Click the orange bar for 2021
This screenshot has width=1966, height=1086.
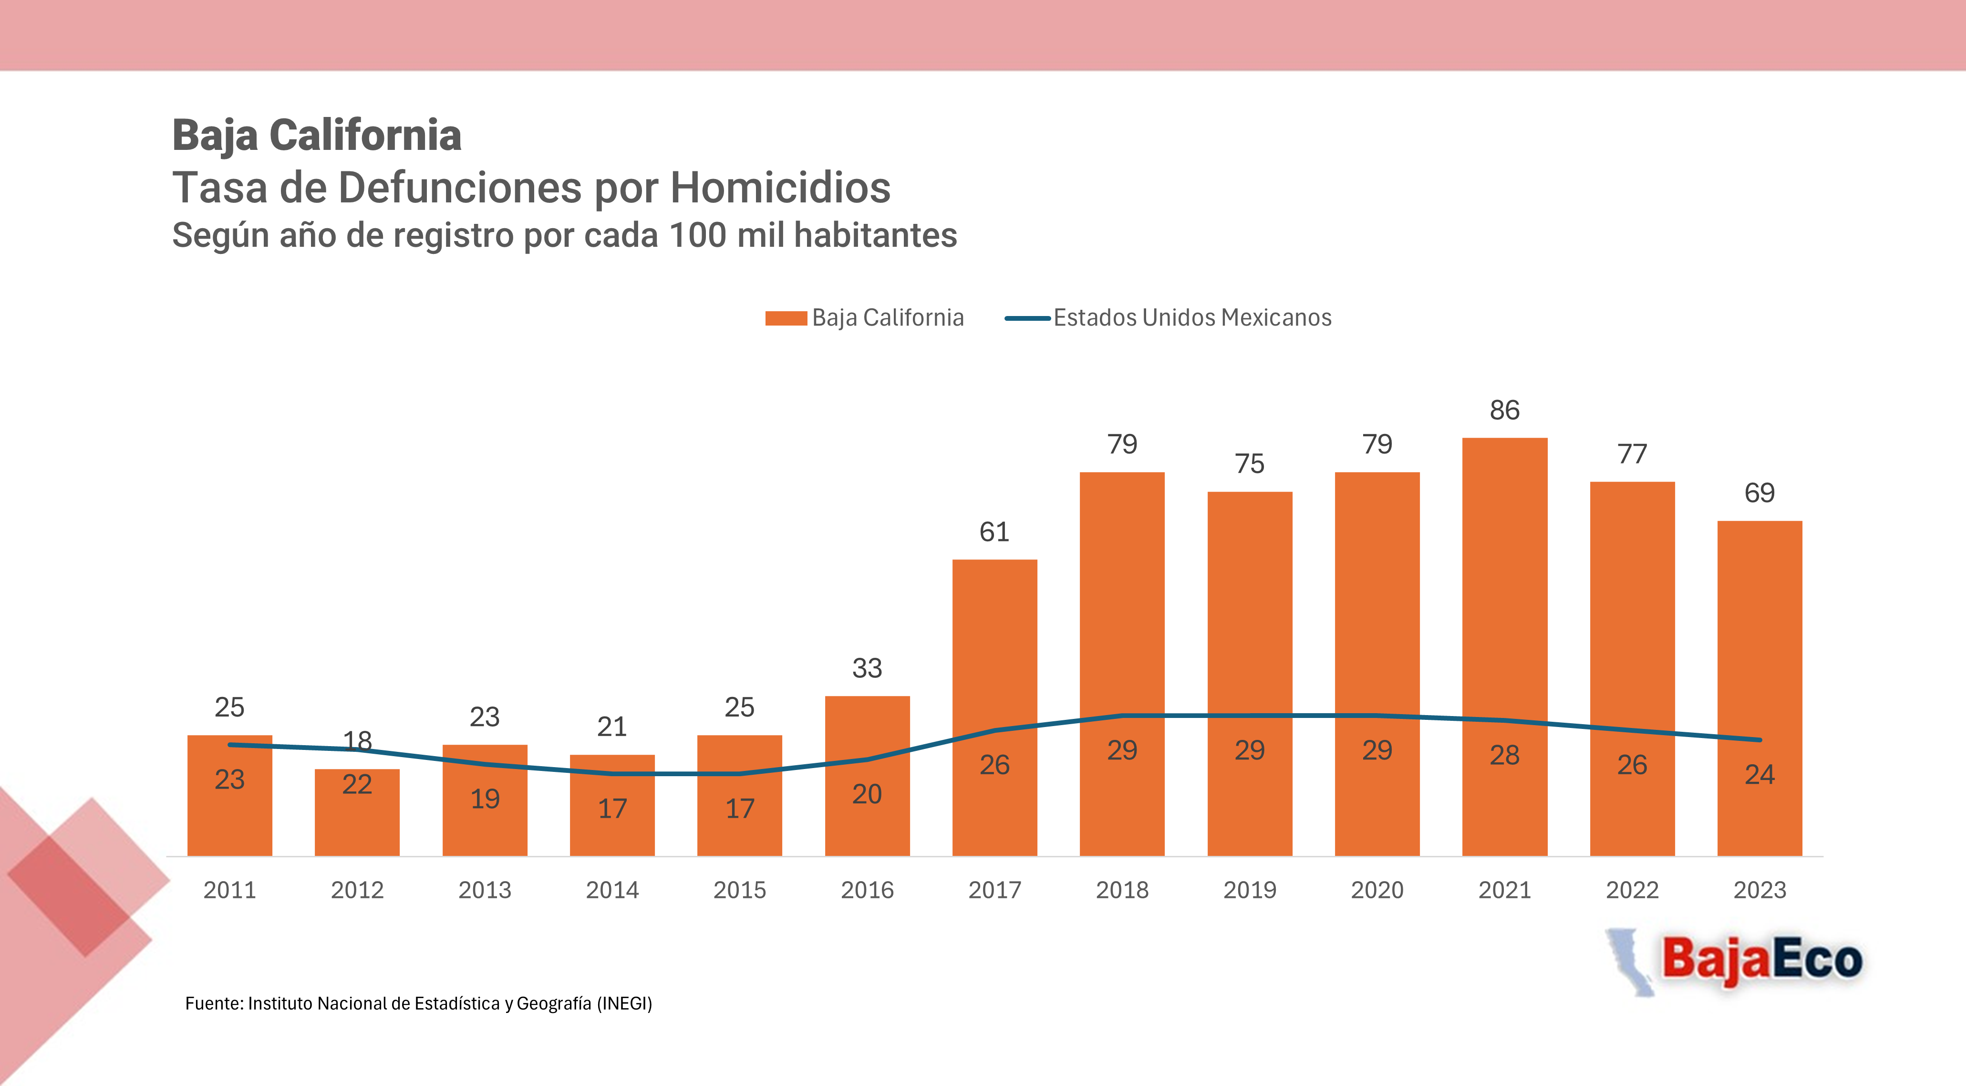[1504, 647]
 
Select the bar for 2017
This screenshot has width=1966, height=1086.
[994, 708]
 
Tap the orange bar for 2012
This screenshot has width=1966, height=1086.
[357, 812]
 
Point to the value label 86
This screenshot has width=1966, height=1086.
[1504, 410]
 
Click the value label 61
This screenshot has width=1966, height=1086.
[994, 532]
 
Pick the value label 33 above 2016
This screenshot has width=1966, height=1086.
[867, 668]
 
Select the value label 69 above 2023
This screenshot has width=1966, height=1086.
[1759, 493]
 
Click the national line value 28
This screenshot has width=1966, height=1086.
[1504, 755]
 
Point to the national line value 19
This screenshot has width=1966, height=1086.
[485, 799]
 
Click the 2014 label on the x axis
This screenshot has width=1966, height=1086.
[612, 890]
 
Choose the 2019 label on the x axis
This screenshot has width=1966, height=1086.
[1249, 890]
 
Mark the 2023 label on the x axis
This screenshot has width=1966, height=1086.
[1759, 890]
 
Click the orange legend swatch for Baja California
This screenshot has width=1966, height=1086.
[786, 318]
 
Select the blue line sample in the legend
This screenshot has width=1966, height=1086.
[1027, 318]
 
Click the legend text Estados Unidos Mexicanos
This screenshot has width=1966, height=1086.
[1192, 318]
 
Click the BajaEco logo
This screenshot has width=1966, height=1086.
[1734, 961]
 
